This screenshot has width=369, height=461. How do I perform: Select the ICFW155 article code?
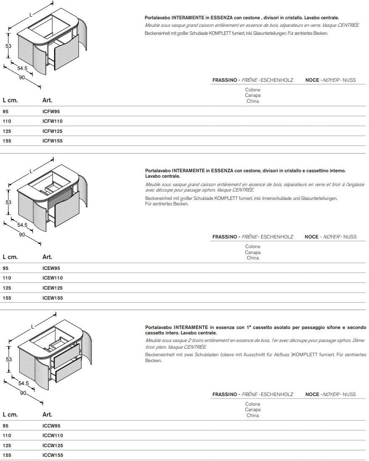(52, 141)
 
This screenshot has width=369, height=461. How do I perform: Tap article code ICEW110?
(52, 278)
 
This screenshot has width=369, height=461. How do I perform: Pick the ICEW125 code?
(52, 288)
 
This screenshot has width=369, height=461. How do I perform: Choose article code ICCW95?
(52, 425)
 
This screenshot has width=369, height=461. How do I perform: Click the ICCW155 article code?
(52, 455)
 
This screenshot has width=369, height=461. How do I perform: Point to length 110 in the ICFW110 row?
(7, 121)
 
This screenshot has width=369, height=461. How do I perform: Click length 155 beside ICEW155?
(7, 298)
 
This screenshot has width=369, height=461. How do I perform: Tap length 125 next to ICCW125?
(7, 445)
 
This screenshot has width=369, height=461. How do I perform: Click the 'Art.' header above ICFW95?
(47, 100)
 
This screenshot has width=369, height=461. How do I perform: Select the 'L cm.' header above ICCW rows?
(10, 414)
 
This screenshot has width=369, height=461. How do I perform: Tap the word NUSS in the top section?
(349, 80)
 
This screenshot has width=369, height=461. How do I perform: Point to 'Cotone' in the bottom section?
(252, 404)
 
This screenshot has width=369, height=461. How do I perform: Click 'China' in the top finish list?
(252, 101)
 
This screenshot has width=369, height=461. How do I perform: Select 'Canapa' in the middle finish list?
(252, 252)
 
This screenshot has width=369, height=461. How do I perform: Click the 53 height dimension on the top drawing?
(8, 46)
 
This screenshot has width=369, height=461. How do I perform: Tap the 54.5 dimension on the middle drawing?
(22, 225)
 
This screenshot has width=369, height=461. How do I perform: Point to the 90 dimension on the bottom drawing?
(23, 393)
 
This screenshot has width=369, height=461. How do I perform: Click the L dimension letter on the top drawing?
(30, 15)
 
